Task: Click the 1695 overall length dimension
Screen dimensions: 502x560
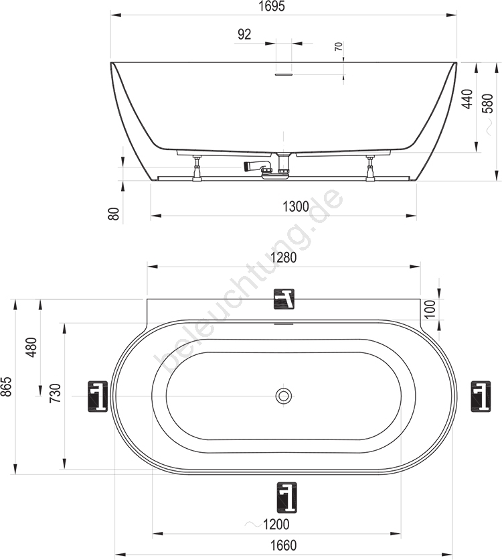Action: point(272,6)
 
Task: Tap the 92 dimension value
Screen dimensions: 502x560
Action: point(244,34)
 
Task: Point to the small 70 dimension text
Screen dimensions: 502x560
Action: point(339,46)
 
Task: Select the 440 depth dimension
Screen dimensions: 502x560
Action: point(467,99)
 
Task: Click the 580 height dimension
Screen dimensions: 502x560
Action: point(488,104)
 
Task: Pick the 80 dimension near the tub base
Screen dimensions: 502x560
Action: point(114,214)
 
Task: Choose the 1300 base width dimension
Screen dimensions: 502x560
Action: point(296,206)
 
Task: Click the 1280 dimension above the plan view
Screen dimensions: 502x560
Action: point(284,257)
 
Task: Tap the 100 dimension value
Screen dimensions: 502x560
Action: point(430,309)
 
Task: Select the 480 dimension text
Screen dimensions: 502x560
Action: point(31,348)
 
